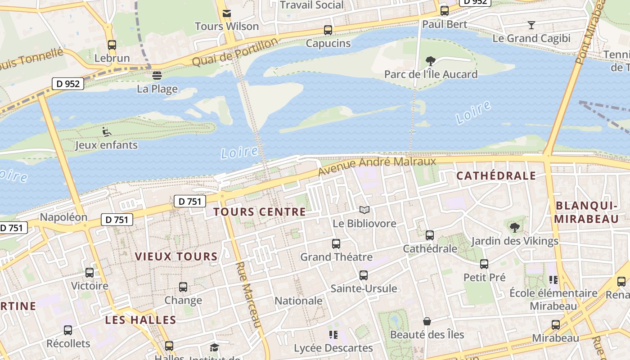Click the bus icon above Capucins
point(328,30)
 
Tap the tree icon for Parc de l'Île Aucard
point(431,61)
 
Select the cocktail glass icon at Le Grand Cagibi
point(531,25)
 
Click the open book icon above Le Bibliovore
point(364,210)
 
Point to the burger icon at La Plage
point(157,75)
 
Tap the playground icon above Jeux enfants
point(107,132)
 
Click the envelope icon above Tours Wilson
point(227,13)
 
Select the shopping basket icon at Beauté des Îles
point(427,321)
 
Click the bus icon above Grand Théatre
point(336,244)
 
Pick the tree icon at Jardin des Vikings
point(515,228)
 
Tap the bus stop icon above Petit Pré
point(484,264)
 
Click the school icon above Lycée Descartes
point(333,335)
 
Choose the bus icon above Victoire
point(90,272)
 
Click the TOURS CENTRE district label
point(260,212)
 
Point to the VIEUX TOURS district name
point(176,256)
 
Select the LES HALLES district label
point(140,320)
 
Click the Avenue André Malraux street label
point(377,166)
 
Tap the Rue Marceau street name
point(248,295)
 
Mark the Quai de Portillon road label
point(235,53)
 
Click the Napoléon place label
point(63,217)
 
